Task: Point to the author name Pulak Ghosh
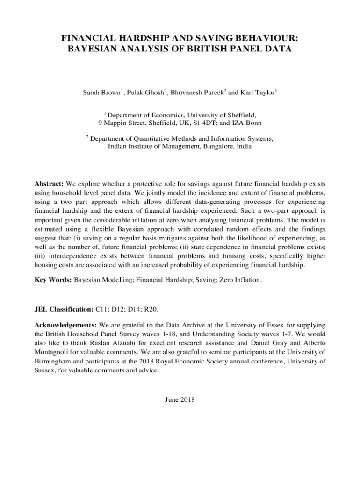[145, 93]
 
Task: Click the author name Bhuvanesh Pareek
[195, 93]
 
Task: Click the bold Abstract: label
[49, 184]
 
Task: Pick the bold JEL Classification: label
[64, 310]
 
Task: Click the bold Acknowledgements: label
[65, 325]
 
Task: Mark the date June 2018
[180, 400]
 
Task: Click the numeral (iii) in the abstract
[40, 257]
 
